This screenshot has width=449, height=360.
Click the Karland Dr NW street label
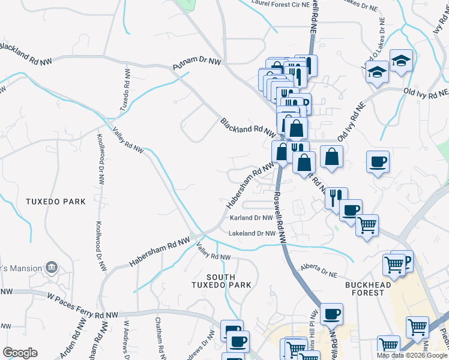tap(252, 218)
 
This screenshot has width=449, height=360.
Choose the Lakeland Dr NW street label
tap(252, 233)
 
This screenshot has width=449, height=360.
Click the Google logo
tap(20, 352)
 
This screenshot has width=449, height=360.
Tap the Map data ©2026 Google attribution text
tap(412, 355)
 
